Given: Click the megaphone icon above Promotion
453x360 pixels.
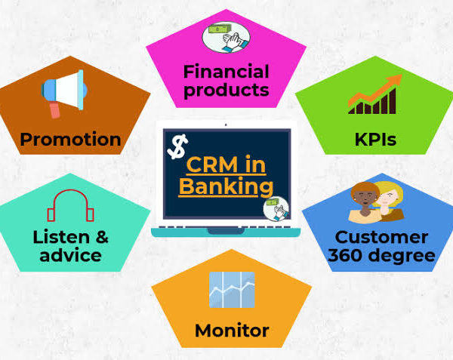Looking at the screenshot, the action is [64, 93].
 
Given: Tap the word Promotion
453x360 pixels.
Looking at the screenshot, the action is [70, 139].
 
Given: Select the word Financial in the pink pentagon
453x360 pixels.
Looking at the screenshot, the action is [226, 71].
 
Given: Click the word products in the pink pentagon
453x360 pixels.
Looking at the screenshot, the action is [226, 90].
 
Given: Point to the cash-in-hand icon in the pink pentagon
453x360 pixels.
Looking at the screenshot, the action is [226, 37].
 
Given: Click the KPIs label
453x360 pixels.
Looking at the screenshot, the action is [375, 140].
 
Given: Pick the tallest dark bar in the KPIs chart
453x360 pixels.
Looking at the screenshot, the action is [393, 100].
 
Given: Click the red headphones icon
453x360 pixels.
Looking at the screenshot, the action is [70, 205].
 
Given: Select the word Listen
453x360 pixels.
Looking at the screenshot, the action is [62, 237].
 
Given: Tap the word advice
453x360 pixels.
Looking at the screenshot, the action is [70, 255].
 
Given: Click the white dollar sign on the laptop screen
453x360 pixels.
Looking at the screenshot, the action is [177, 146].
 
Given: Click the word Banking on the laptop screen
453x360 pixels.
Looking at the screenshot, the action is [226, 186].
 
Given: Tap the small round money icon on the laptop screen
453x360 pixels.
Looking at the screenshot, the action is [276, 208].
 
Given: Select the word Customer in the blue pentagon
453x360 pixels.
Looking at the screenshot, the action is [381, 237].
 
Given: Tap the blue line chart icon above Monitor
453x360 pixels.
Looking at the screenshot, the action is [232, 290].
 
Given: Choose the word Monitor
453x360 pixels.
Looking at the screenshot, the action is [232, 331].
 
